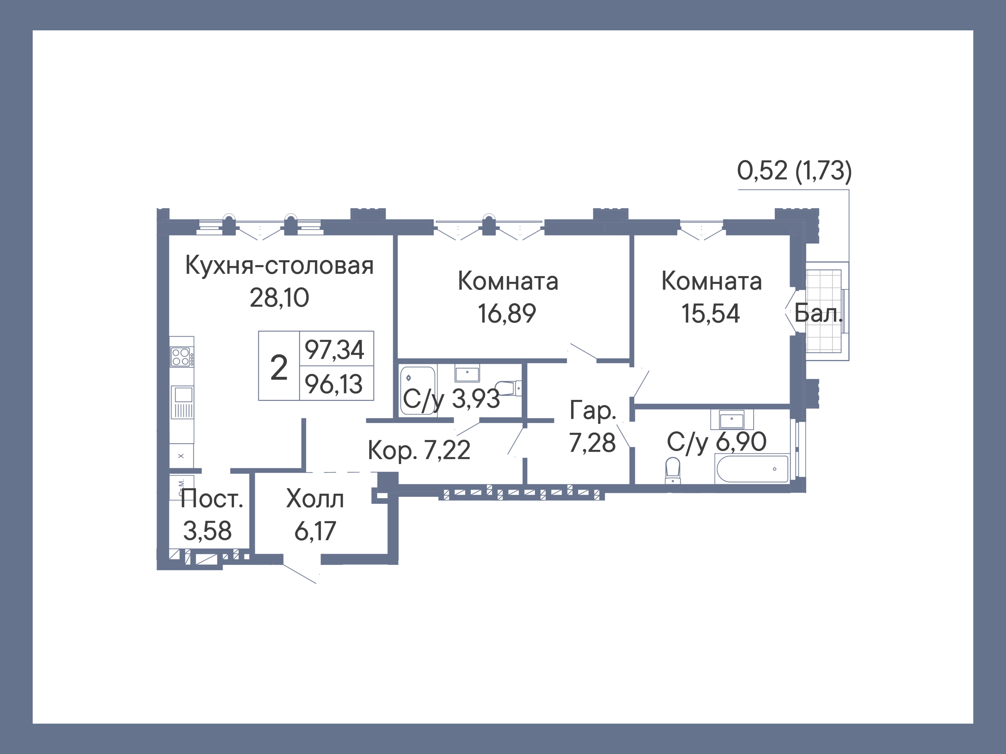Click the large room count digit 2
[279, 367]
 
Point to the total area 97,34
[334, 350]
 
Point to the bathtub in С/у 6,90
[752, 469]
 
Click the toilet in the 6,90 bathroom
[673, 471]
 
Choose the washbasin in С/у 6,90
[731, 419]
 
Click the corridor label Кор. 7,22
[419, 450]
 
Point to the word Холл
[315, 499]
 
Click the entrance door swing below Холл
[300, 574]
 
